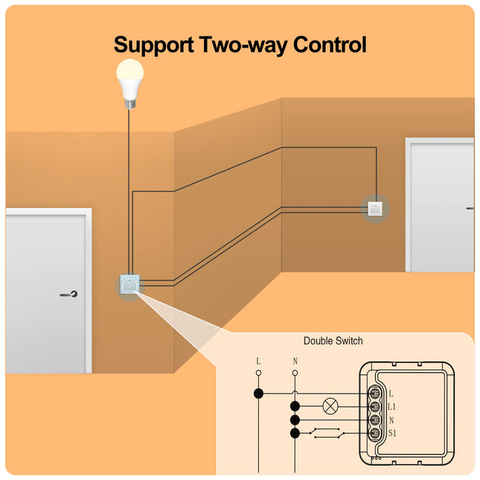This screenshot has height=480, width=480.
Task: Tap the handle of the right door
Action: point(470,208)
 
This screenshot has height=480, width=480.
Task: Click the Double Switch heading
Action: point(333,341)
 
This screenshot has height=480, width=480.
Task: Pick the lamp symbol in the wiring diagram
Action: point(330,406)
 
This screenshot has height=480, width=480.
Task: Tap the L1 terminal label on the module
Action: point(392,407)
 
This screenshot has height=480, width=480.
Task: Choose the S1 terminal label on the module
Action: point(392,433)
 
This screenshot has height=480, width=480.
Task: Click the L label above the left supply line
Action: point(258,361)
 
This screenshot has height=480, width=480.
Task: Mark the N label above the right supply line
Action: point(295,361)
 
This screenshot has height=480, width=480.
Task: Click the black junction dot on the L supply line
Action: point(258,393)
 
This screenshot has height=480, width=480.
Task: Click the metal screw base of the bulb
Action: point(130,103)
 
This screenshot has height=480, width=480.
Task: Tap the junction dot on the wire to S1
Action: point(295,432)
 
